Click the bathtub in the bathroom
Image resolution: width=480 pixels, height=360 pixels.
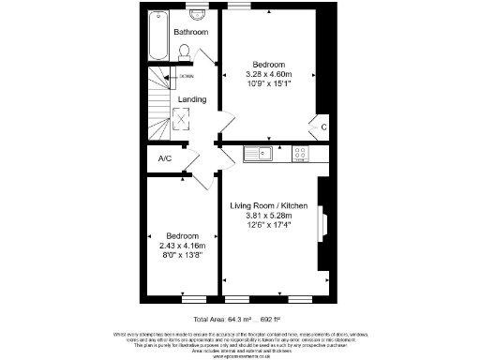coord(158,33)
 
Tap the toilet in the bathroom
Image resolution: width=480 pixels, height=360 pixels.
coord(185,52)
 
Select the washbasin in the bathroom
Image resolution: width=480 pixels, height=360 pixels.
coord(197,14)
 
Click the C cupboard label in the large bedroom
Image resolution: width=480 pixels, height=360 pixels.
coord(323,127)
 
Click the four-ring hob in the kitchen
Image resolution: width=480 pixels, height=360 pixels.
coord(302,153)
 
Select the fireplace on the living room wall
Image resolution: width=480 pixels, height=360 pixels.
coord(324,226)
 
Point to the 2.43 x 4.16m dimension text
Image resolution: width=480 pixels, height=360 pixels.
coord(182,245)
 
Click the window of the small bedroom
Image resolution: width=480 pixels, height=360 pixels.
coord(193,301)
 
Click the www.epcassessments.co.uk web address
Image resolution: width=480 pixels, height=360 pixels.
coord(238,356)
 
